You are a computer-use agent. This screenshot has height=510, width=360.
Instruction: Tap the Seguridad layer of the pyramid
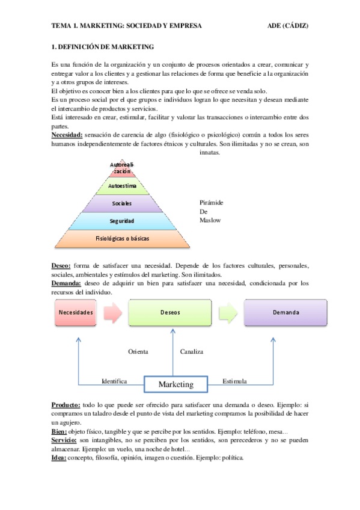[x=122, y=221]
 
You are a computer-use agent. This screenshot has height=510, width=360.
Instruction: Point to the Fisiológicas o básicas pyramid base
[x=122, y=239]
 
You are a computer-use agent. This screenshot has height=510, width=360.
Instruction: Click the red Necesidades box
[x=76, y=313]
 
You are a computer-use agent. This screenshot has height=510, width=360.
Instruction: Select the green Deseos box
[x=170, y=313]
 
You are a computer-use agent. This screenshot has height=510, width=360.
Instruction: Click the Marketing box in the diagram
[x=175, y=384]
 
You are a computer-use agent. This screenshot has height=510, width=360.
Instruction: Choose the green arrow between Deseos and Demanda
[x=227, y=313]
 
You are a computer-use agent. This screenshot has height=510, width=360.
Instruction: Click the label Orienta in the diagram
[x=138, y=351]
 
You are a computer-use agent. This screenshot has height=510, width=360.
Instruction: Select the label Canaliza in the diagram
[x=192, y=351]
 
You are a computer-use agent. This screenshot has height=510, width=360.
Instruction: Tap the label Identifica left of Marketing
[x=114, y=381]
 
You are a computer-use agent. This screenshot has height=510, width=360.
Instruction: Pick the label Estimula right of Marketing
[x=235, y=381]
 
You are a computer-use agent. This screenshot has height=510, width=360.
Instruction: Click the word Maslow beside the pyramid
[x=210, y=220]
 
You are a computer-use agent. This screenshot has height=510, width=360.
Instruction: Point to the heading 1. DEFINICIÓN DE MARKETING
[x=103, y=46]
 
